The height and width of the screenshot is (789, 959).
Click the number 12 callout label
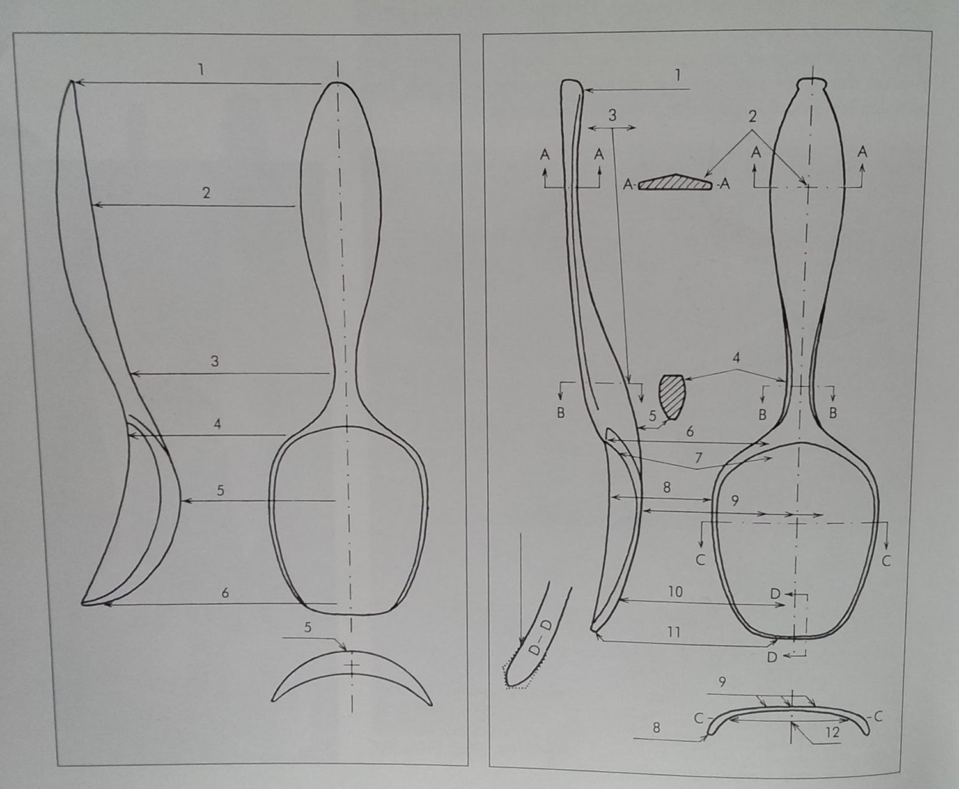tap(831, 732)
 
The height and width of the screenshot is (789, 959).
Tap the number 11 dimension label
tap(673, 632)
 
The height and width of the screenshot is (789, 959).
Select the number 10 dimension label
tap(676, 591)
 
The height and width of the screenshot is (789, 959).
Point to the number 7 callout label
tap(698, 458)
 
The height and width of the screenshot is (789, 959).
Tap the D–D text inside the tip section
tap(538, 639)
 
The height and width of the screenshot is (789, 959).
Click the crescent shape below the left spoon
tap(352, 678)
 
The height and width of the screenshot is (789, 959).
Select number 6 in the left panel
tap(225, 593)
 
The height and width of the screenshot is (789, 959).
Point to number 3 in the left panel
tap(215, 361)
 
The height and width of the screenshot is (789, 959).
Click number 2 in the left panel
tap(206, 192)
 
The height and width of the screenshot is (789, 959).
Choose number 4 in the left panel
tap(217, 424)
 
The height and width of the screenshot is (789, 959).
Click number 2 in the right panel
tap(752, 117)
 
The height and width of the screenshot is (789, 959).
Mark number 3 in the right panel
tap(612, 116)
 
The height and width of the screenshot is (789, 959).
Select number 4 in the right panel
tap(737, 357)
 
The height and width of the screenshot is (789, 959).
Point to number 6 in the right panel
tap(690, 432)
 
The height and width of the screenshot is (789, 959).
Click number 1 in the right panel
tap(678, 75)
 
